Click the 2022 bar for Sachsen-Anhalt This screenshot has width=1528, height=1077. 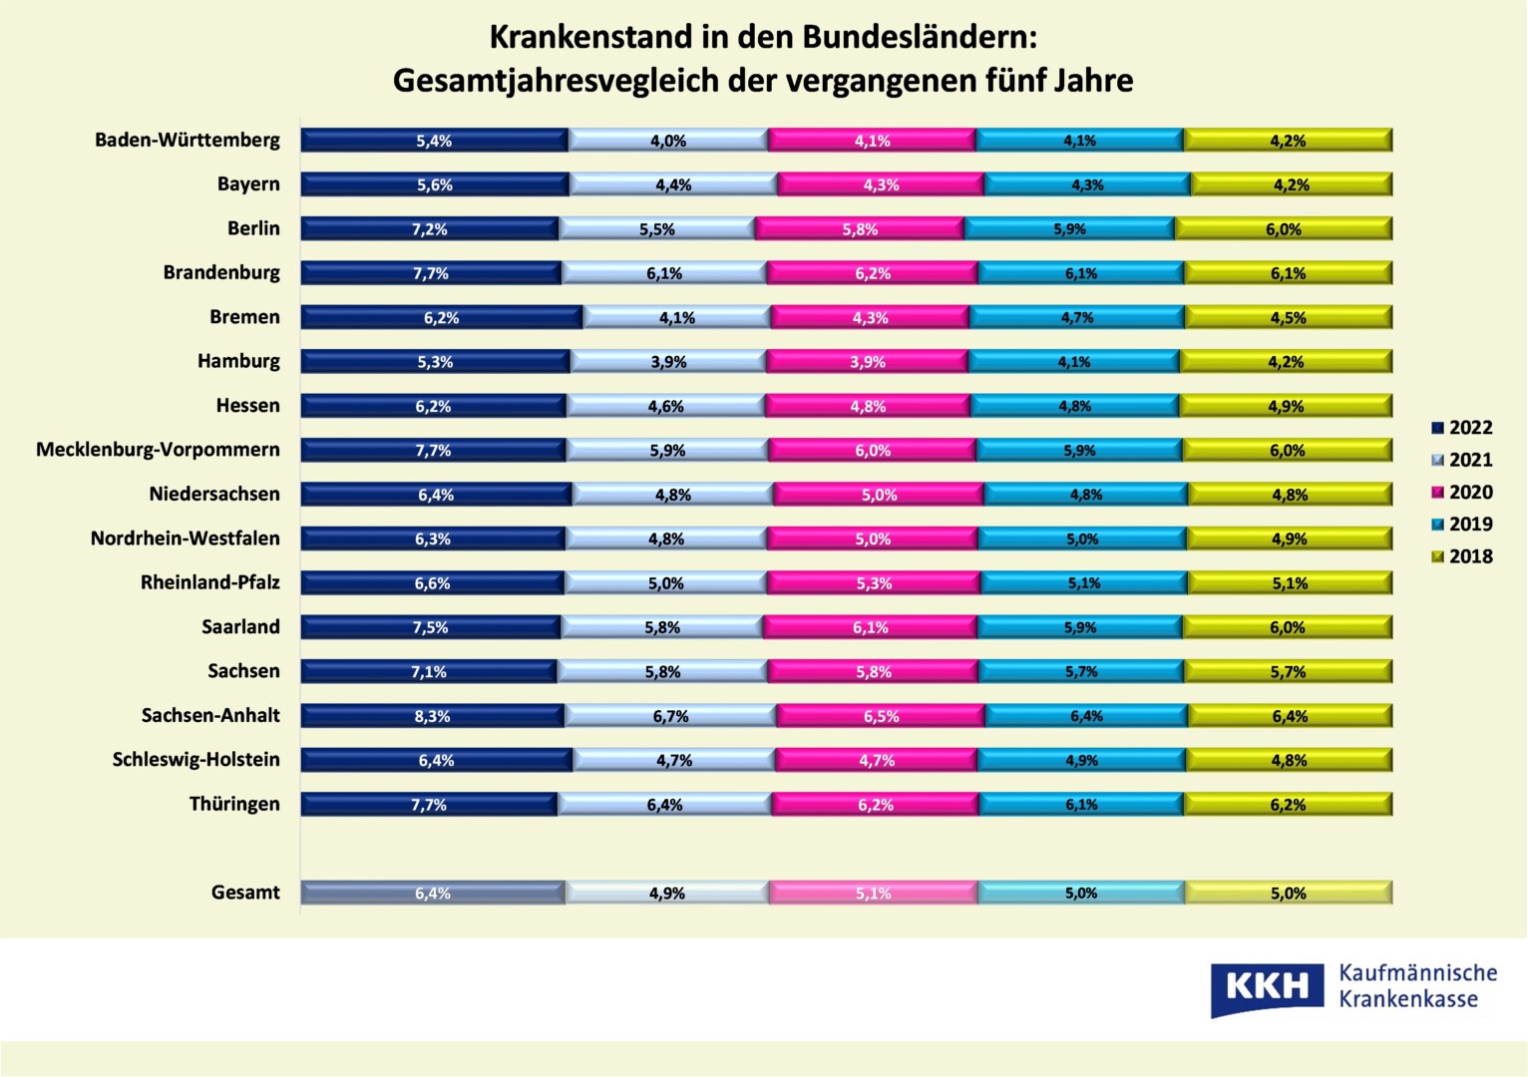433,716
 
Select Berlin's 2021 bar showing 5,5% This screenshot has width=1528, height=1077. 657,229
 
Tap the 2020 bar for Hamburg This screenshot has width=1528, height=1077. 868,362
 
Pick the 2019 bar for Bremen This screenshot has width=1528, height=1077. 1077,318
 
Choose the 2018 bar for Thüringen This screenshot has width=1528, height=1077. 1288,805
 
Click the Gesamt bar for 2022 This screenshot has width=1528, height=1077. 433,894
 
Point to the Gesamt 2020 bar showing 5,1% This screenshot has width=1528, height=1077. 873,894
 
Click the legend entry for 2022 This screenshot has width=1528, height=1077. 1462,428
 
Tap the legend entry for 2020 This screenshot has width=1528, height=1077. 1462,493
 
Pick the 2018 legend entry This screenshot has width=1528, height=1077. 1462,556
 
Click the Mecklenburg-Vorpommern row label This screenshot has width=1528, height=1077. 158,450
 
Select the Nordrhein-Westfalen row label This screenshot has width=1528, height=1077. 185,538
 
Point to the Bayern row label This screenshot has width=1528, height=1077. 248,184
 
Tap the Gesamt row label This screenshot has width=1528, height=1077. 245,893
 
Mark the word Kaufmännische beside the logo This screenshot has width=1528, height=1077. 1417,973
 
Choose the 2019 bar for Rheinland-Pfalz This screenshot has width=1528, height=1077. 1083,583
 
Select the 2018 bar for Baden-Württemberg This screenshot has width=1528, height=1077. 1288,141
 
